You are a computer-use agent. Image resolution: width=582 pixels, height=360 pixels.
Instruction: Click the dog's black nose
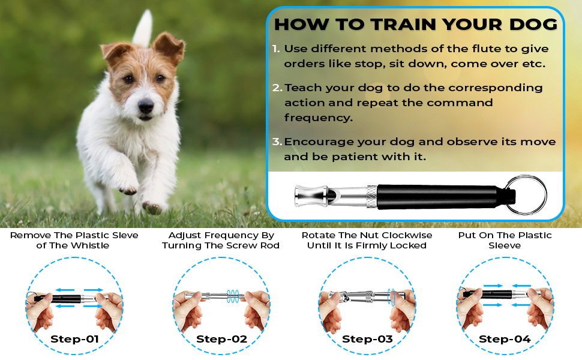click(146, 107)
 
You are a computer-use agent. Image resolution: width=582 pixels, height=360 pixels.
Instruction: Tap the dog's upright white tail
click(143, 29)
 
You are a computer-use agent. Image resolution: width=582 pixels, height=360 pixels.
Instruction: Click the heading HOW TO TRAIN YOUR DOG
click(416, 25)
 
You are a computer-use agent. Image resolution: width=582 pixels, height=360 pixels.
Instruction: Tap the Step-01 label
click(74, 339)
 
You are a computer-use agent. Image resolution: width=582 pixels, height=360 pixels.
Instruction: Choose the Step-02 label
click(221, 339)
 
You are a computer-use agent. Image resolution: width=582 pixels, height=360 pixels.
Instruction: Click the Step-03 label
click(367, 339)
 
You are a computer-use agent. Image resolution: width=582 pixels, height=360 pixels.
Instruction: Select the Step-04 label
click(505, 339)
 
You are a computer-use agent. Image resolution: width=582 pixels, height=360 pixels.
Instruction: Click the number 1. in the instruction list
click(275, 49)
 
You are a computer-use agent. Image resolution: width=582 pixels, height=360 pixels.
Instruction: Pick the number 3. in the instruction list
click(276, 142)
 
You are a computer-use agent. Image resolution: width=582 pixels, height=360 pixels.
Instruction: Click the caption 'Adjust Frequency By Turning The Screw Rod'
click(221, 240)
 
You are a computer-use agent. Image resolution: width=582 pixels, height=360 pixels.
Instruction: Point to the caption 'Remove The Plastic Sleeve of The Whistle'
click(74, 240)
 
